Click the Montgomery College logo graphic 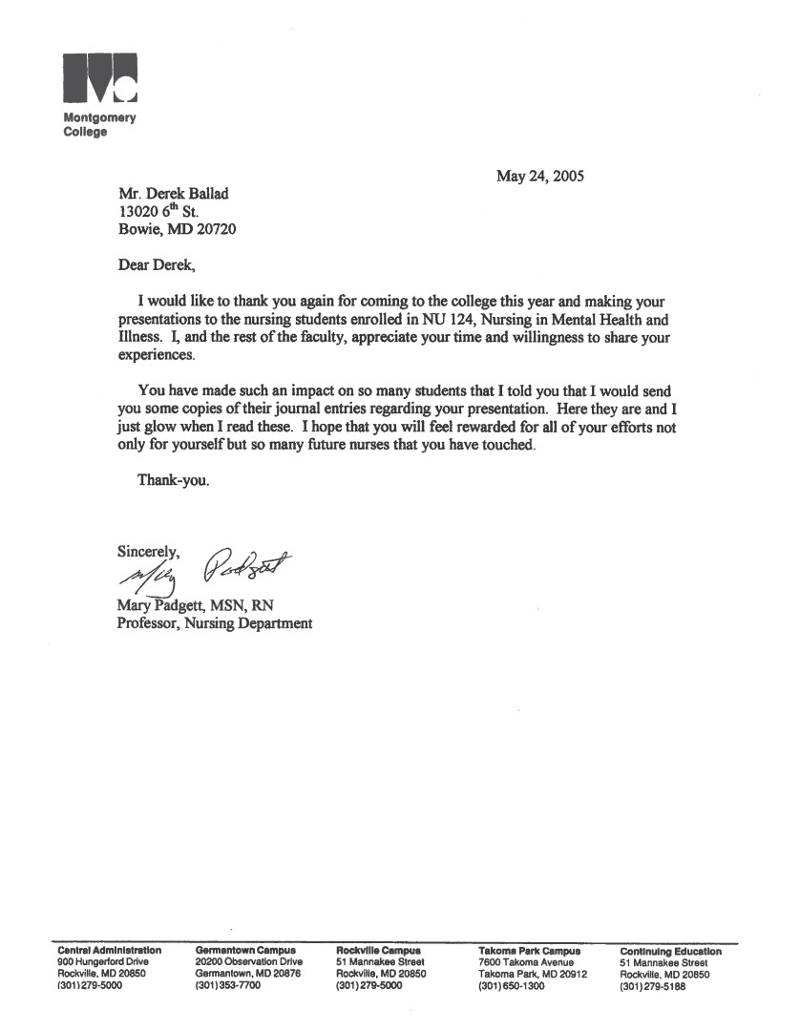[x=99, y=77]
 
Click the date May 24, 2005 [x=539, y=176]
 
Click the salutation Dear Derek [x=160, y=263]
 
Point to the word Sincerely [x=148, y=551]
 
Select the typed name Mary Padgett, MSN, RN [x=196, y=605]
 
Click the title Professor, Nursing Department [x=214, y=623]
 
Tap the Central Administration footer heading [x=110, y=951]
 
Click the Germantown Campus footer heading [x=244, y=951]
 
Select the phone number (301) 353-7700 [x=227, y=987]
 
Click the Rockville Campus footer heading [x=378, y=951]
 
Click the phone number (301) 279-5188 [x=653, y=987]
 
